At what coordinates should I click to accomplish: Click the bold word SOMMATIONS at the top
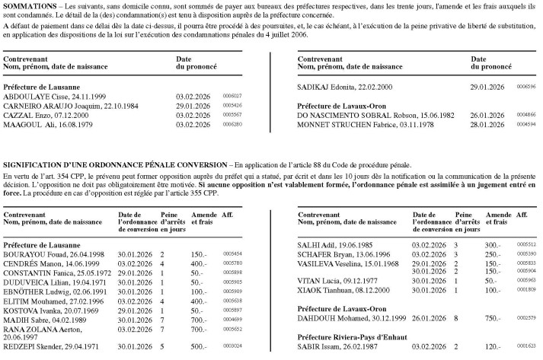[30, 5]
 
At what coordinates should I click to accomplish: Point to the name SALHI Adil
[313, 244]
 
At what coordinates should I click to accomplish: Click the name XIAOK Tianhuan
[324, 290]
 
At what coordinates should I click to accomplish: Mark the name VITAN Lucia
[317, 281]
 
